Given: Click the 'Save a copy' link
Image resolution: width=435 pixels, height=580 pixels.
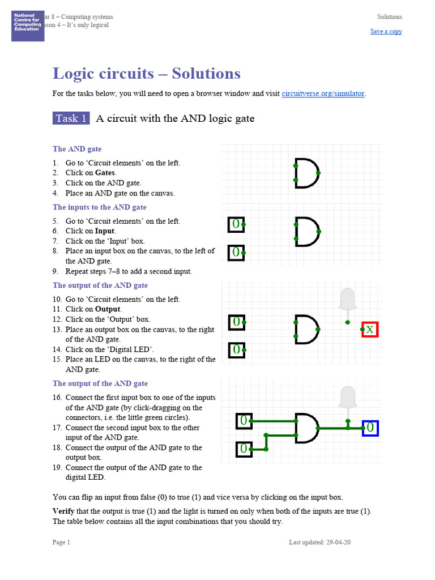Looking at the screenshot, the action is pyautogui.click(x=386, y=31).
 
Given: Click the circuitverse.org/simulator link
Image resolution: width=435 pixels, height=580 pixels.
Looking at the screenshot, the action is pyautogui.click(x=323, y=93).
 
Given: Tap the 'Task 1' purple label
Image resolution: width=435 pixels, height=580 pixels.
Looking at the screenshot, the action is pyautogui.click(x=71, y=118).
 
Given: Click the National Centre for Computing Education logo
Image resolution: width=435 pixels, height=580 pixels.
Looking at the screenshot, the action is pyautogui.click(x=27, y=26).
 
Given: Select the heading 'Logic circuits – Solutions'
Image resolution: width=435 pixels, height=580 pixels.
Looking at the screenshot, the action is pyautogui.click(x=146, y=74).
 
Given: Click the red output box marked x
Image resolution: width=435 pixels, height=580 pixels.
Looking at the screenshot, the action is pyautogui.click(x=370, y=329).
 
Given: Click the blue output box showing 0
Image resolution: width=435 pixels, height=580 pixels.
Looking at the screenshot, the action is pyautogui.click(x=370, y=428).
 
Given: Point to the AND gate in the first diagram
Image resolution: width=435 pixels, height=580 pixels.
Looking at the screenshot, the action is pyautogui.click(x=306, y=172).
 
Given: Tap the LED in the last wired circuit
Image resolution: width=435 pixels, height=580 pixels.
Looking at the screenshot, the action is pyautogui.click(x=348, y=398).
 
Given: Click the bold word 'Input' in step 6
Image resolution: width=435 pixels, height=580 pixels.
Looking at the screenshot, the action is pyautogui.click(x=105, y=231).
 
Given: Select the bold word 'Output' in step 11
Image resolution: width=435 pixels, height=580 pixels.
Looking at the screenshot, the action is pyautogui.click(x=108, y=309).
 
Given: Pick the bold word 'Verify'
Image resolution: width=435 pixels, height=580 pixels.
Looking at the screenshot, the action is pyautogui.click(x=63, y=511).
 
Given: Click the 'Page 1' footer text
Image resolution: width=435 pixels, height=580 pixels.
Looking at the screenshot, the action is pyautogui.click(x=61, y=542).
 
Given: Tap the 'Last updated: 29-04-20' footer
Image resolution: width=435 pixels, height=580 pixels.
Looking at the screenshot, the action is pyautogui.click(x=319, y=542).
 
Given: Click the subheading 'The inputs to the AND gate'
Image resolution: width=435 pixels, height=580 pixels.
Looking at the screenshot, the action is pyautogui.click(x=100, y=207).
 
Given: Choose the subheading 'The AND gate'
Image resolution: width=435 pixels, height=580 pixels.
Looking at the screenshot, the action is pyautogui.click(x=77, y=149).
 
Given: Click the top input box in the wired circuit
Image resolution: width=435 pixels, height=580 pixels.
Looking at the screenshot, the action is pyautogui.click(x=243, y=421).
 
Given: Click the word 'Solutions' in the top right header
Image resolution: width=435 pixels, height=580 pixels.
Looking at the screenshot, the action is pyautogui.click(x=390, y=17).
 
